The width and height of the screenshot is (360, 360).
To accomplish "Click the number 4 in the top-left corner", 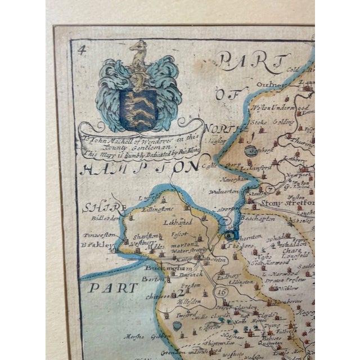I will pos(82,48).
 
